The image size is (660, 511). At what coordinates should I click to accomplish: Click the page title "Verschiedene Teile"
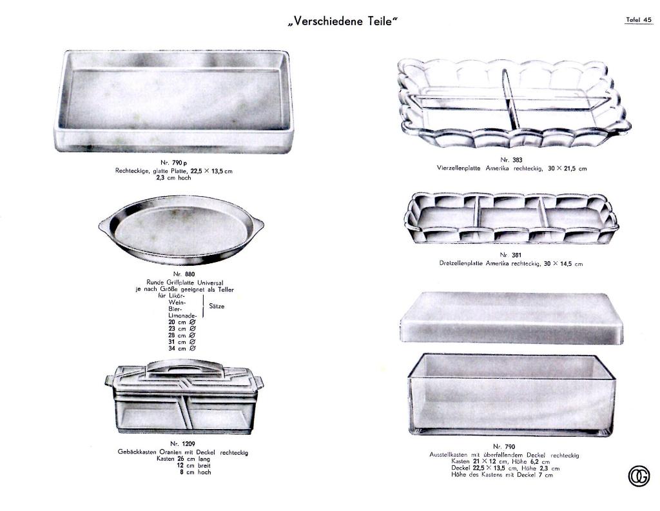(343, 21)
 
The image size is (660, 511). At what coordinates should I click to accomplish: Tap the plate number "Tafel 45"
(639, 20)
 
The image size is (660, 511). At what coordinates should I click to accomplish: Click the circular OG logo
(639, 476)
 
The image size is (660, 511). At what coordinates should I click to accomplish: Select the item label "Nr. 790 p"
(173, 163)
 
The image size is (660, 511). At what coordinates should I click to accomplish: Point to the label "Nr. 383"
(511, 159)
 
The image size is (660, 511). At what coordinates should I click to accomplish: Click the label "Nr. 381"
(510, 255)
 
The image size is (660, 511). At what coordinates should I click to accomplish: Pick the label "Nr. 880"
(184, 274)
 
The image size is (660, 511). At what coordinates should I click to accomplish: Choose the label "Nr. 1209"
(182, 444)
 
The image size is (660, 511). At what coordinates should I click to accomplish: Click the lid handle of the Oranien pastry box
(184, 365)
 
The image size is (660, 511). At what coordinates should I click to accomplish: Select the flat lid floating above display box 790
(511, 318)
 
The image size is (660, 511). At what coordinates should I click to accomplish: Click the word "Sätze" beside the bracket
(217, 306)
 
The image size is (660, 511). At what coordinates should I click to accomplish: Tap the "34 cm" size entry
(182, 348)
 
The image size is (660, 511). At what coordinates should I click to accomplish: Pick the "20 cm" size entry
(182, 322)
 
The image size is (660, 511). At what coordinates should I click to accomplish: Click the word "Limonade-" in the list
(182, 316)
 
